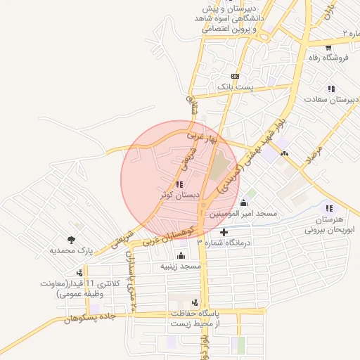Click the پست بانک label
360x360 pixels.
(x=234, y=86)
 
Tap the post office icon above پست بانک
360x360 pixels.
(x=235, y=77)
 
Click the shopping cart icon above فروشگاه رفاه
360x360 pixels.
(x=328, y=48)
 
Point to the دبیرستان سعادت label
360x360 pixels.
(x=331, y=100)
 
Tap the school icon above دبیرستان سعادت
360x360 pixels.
(x=330, y=89)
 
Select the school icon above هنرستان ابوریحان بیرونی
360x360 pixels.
(x=328, y=208)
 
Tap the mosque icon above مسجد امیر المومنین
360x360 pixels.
(x=243, y=203)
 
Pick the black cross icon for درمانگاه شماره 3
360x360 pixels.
(x=224, y=232)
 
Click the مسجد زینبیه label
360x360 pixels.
(x=181, y=266)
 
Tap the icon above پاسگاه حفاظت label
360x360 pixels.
(x=194, y=302)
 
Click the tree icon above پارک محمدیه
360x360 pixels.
(x=71, y=240)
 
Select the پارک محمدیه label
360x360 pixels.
(x=71, y=250)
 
